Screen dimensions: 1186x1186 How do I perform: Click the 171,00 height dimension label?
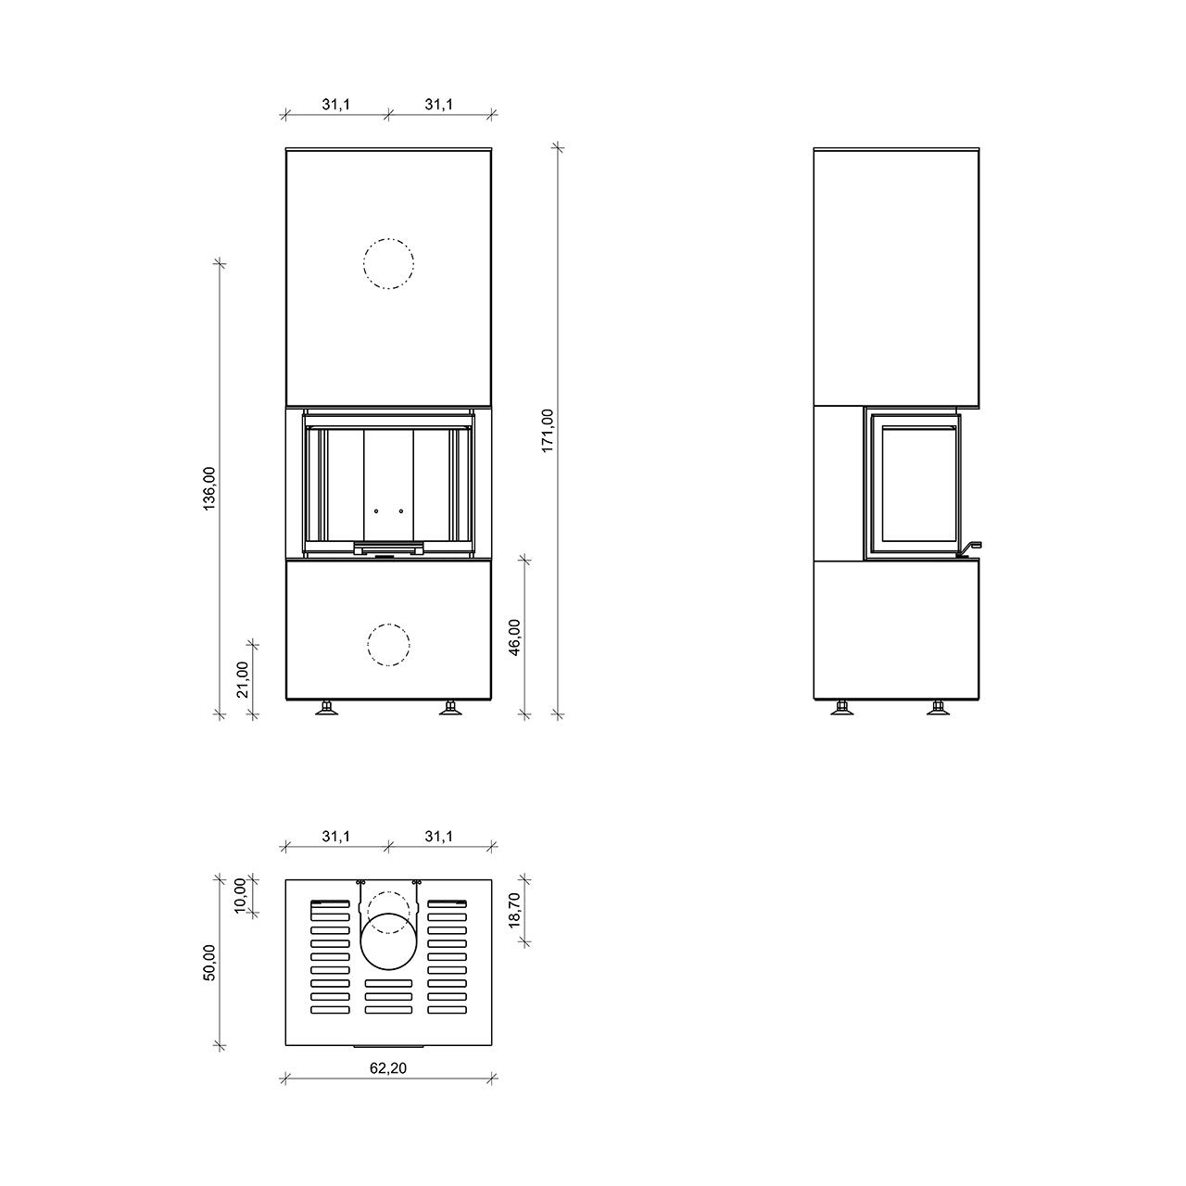click(548, 431)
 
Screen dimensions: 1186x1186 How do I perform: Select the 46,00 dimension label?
click(514, 637)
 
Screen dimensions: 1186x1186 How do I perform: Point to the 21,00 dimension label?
click(243, 679)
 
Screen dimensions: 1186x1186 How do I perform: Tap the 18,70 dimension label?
click(514, 910)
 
